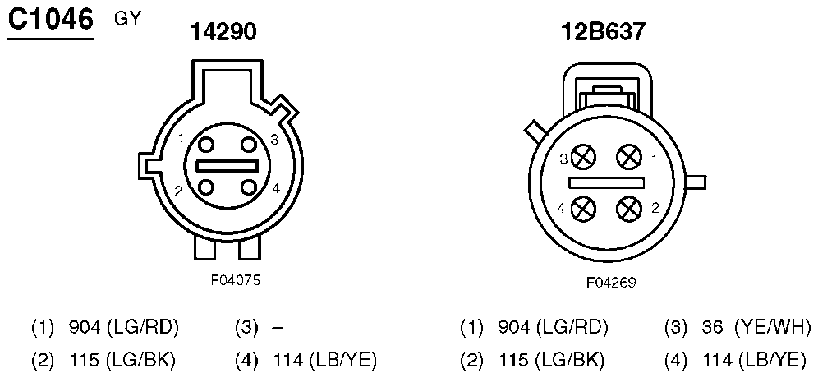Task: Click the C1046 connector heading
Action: tap(51, 21)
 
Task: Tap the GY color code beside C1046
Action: tap(126, 20)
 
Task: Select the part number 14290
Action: tap(224, 33)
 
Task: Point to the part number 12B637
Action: tap(603, 33)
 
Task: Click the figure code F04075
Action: tap(235, 280)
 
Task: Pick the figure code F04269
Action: tap(611, 283)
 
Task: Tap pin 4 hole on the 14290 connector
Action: tap(248, 187)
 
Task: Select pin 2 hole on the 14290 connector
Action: tap(206, 187)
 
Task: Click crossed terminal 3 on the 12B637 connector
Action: tap(583, 157)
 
